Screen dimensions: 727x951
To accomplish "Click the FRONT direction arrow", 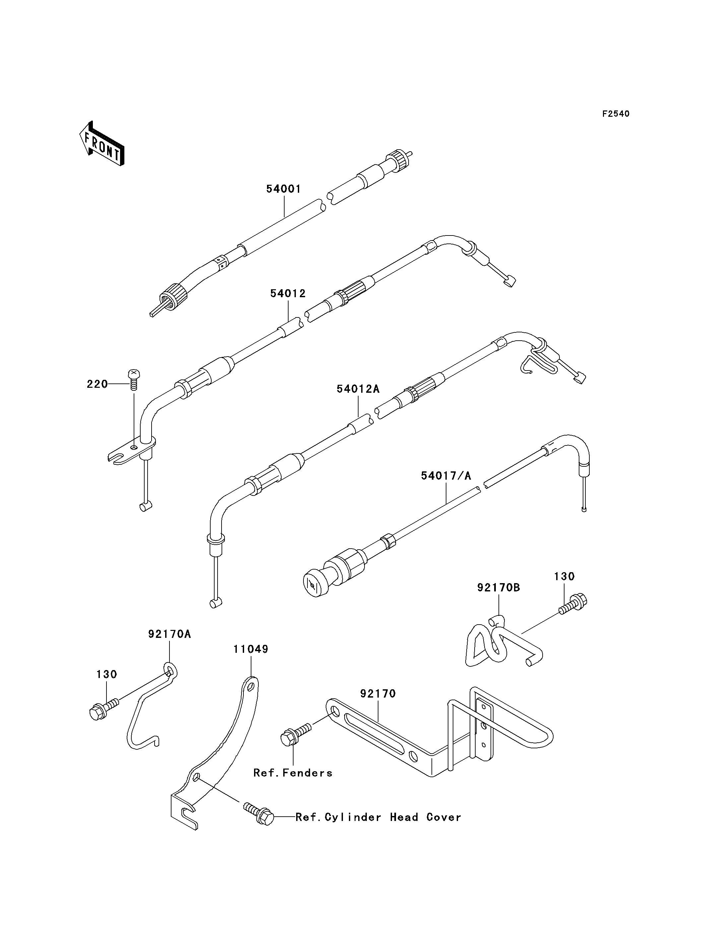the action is tap(102, 144).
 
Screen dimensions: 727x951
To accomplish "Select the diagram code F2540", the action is tap(616, 114).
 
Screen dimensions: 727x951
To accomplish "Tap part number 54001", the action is tap(284, 189).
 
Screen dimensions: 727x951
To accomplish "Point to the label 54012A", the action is tap(358, 389).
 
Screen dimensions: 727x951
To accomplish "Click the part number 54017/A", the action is tap(446, 476).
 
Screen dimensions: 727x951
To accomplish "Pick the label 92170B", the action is tap(498, 588).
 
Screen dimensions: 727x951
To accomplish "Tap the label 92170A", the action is tap(169, 634).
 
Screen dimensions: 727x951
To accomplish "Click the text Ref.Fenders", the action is tap(293, 773).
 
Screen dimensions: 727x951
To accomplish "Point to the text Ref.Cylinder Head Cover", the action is tap(378, 817).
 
